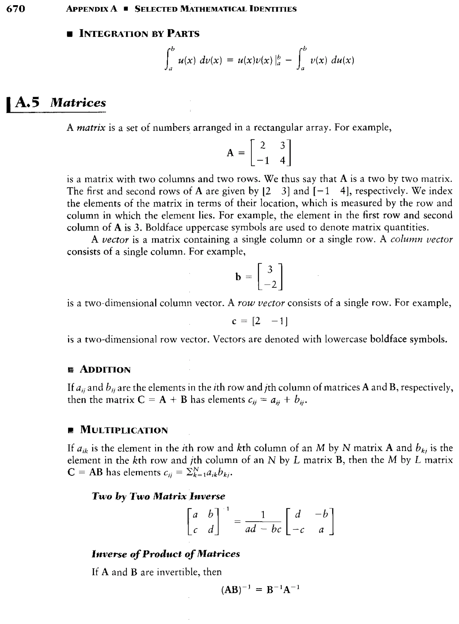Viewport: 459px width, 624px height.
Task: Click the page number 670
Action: (15, 9)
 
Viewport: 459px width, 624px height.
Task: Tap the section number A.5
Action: (27, 102)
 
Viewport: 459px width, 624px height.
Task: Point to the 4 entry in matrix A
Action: (283, 160)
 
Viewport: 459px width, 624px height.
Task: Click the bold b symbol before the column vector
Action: (238, 277)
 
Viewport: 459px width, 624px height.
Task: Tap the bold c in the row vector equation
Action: (234, 321)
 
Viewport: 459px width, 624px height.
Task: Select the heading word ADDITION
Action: (105, 370)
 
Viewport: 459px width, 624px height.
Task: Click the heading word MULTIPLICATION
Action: (124, 430)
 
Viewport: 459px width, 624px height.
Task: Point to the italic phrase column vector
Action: (421, 239)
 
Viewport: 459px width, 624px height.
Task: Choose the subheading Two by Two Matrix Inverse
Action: (158, 496)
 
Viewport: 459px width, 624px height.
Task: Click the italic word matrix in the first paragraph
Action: (91, 128)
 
